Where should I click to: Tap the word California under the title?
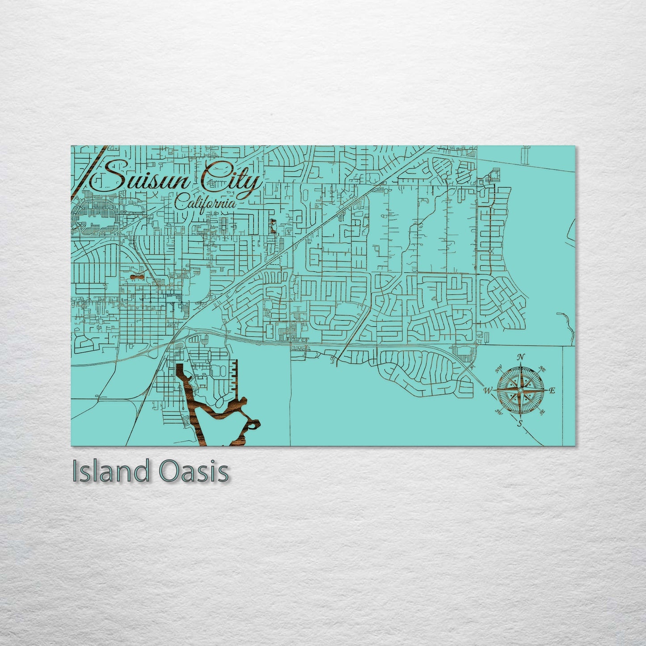[205, 202]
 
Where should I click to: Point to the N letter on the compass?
[520, 357]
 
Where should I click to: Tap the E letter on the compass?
[553, 391]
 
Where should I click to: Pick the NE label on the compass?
[543, 369]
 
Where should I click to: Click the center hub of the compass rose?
[520, 390]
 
